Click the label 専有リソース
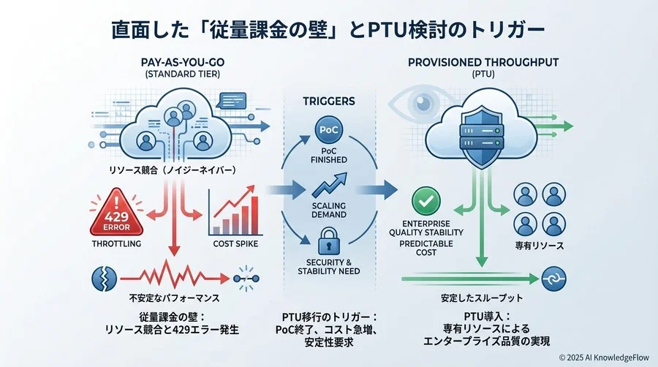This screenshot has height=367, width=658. pos(540,246)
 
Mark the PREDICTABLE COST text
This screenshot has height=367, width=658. pos(426,247)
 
